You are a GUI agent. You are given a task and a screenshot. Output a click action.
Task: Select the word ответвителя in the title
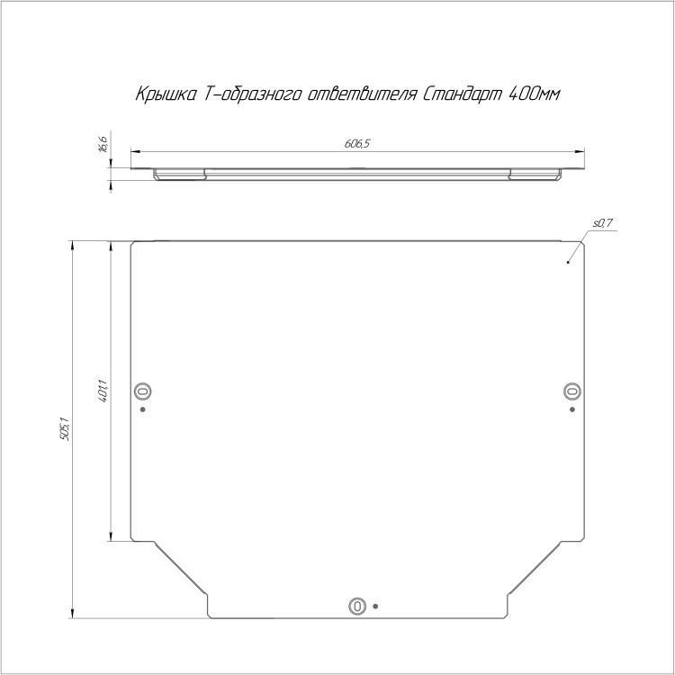tap(362, 94)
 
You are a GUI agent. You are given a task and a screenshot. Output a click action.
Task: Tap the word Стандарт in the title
tap(463, 94)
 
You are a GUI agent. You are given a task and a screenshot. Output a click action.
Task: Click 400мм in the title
tap(535, 94)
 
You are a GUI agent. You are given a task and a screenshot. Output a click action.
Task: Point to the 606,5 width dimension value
tap(357, 144)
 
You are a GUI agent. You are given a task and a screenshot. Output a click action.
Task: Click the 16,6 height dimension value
tap(103, 144)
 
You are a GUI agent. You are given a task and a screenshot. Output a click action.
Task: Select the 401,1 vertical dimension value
tap(103, 391)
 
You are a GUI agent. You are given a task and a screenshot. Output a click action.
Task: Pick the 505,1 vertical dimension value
tap(65, 428)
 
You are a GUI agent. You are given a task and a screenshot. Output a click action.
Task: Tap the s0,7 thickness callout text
tap(603, 223)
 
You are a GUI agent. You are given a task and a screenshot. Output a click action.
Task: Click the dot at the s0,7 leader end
tap(568, 262)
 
